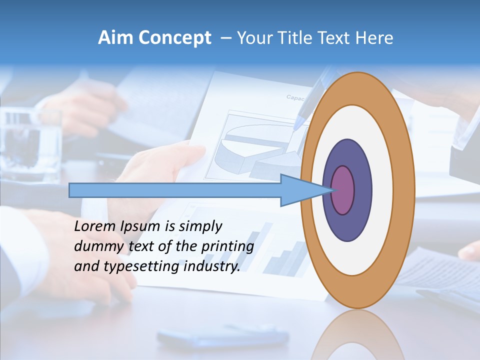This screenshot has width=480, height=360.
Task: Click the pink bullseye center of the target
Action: [x=343, y=190]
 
